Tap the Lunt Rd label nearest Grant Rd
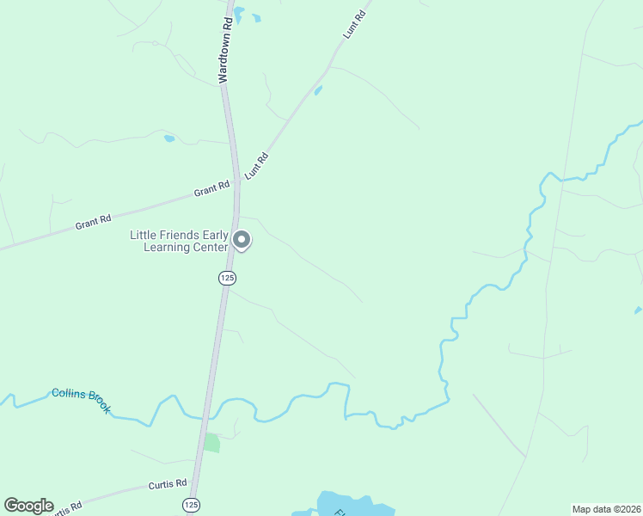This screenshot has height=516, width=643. tap(257, 165)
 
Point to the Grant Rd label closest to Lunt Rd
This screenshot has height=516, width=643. tap(211, 188)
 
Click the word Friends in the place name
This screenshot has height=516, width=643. tap(182, 235)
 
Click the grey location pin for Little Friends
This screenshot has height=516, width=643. tap(242, 241)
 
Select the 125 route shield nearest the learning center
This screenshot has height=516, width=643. tap(227, 278)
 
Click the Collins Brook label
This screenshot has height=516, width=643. tap(81, 400)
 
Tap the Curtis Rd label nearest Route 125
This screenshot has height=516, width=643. tap(167, 485)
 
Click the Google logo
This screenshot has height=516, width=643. tap(28, 506)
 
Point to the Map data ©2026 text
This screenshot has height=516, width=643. tap(606, 508)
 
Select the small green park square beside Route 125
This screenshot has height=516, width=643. tap(211, 442)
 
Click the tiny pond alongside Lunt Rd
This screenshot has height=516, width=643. tap(318, 90)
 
